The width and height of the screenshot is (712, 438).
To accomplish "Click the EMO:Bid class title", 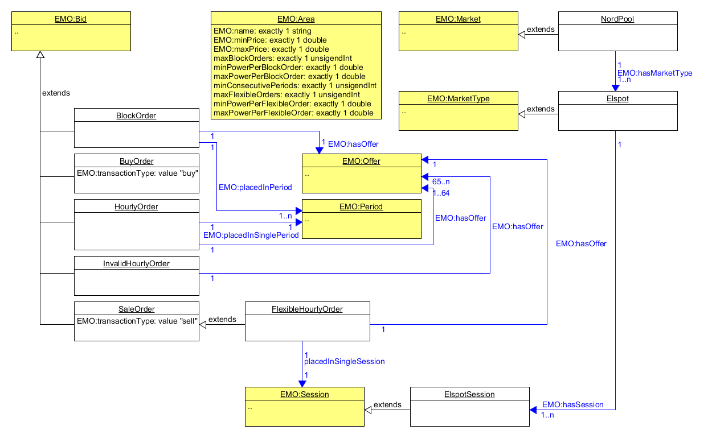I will coord(71,19).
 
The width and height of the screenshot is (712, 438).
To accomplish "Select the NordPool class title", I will coord(617,19).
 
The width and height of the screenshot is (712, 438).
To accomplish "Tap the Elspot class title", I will coord(617,98).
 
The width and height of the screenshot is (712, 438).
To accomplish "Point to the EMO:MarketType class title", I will coord(458,98).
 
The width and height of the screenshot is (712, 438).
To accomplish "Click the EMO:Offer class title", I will coord(361,161).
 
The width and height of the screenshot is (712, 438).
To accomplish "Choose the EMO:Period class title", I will coord(361,206).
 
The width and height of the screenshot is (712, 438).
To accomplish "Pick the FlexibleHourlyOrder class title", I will coord(307,309).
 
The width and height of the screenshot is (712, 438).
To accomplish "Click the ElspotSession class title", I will coord(469,394).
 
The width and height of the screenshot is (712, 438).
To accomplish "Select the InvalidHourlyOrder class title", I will coord(136,263).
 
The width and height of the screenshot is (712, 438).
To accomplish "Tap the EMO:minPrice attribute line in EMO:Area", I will coord(270,40).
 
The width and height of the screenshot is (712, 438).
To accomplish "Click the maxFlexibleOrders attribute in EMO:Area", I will coord(287,94).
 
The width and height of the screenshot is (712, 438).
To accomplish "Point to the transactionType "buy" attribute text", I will coord(137,172).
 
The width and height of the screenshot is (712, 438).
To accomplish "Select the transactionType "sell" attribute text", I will coord(137,320).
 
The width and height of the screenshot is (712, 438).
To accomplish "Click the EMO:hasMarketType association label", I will coord(654,72).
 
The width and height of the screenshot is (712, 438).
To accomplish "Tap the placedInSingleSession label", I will coord(344,361).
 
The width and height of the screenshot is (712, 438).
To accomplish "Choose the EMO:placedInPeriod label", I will coord(255,187).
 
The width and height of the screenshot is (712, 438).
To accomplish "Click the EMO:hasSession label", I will coord(572,404).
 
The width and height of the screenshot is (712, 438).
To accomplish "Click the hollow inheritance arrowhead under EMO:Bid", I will coord(40,55).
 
